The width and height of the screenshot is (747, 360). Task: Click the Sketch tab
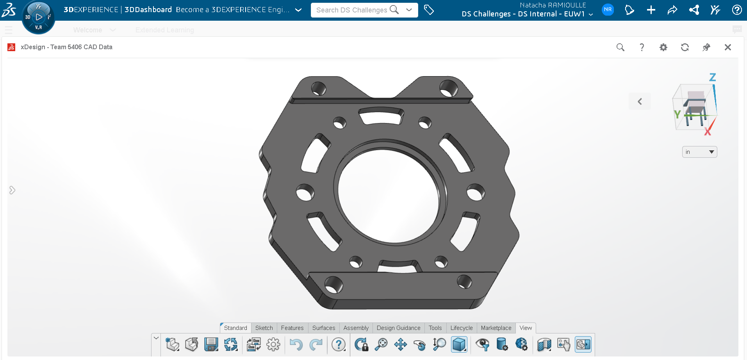tap(264, 328)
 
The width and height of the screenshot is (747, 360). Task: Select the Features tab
tap(292, 328)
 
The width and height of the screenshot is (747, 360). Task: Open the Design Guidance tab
tap(398, 328)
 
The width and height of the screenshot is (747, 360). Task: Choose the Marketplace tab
tap(496, 328)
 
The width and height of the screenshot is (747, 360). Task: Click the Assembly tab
tap(356, 328)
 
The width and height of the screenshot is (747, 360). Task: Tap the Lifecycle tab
tap(461, 328)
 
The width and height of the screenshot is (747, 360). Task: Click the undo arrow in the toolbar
tap(296, 344)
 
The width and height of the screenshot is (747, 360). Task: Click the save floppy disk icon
tap(211, 344)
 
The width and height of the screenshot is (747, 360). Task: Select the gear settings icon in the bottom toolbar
tap(273, 344)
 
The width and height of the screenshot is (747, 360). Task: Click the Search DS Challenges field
tap(351, 10)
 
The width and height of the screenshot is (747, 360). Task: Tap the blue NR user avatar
tap(608, 10)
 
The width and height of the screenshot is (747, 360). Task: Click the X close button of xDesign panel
tap(727, 47)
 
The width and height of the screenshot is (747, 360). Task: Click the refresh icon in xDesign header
tap(685, 47)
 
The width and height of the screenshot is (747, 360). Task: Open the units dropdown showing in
tap(699, 152)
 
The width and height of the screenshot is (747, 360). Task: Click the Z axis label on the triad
tap(713, 77)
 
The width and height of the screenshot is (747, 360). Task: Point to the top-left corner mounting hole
tap(318, 88)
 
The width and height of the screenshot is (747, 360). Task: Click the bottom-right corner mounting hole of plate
tap(464, 281)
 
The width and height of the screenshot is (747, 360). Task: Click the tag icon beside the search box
tap(429, 10)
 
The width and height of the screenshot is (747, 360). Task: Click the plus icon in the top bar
tap(651, 10)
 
